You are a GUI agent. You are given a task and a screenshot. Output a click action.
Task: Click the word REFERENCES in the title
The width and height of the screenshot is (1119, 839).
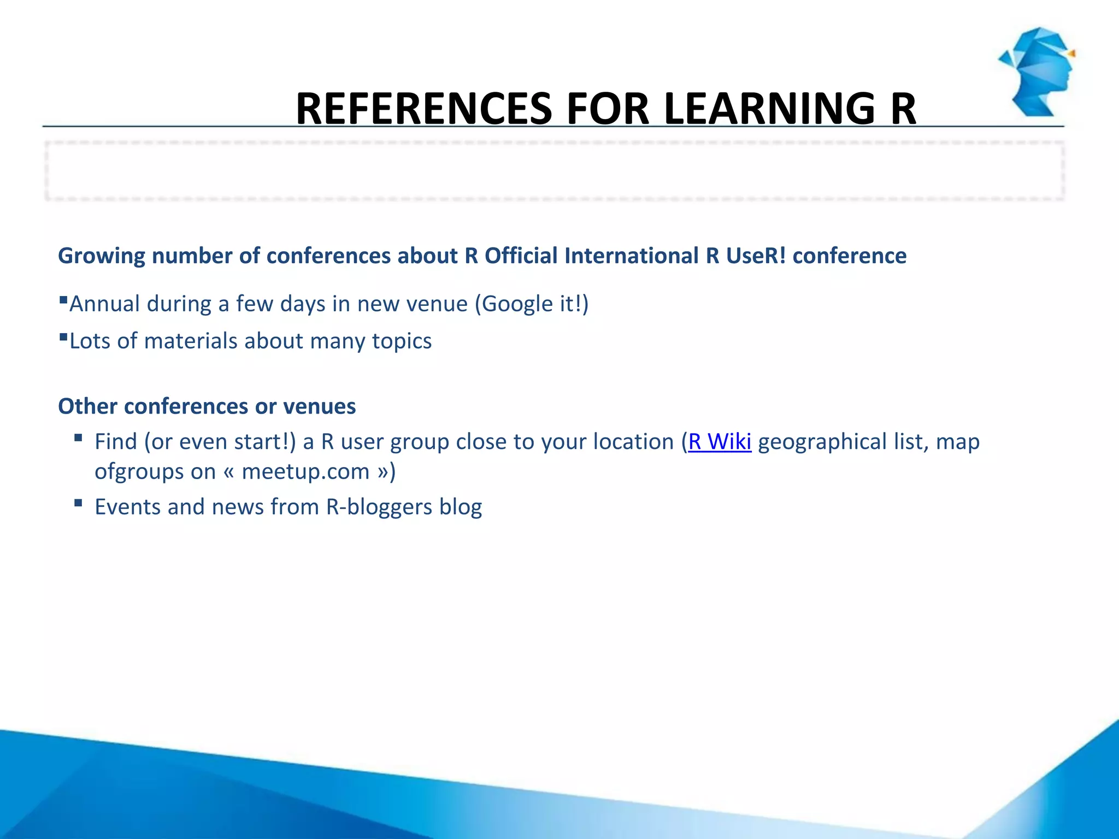(424, 109)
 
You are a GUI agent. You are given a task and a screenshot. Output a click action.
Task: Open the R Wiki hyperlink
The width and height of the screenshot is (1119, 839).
(720, 441)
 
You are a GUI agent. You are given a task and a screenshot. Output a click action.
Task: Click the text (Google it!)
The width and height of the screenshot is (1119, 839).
(532, 304)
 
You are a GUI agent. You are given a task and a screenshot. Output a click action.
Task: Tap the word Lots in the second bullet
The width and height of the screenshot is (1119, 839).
(90, 341)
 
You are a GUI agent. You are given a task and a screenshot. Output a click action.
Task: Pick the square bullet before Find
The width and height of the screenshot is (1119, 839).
(78, 438)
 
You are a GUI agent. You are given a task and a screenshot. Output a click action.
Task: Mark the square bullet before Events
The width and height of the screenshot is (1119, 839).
(78, 503)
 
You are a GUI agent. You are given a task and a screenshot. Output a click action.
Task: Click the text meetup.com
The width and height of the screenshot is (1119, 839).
(305, 471)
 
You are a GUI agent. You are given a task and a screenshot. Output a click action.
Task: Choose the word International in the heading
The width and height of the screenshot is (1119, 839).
(632, 256)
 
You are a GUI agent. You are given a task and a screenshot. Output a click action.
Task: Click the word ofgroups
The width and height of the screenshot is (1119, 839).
(139, 471)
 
